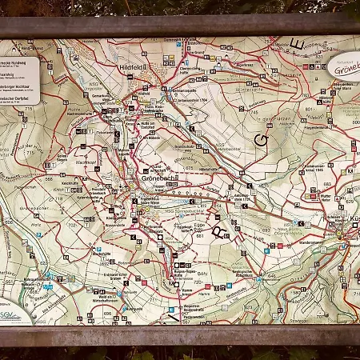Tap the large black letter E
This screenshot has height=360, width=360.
tap(297, 43)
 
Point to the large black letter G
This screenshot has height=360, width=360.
tap(260, 139)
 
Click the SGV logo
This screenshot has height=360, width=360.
tap(11, 314)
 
